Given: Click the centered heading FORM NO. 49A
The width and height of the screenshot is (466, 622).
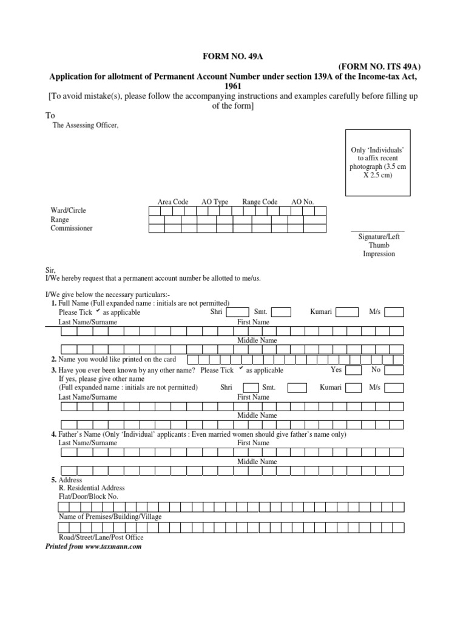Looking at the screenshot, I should [233, 56].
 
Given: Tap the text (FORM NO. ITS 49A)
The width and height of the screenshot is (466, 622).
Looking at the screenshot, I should [379, 67].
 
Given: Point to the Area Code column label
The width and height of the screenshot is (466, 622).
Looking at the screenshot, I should [173, 202].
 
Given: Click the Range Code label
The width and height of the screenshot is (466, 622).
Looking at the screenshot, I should [260, 202].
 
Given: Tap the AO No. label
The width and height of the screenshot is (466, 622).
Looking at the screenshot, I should [302, 202].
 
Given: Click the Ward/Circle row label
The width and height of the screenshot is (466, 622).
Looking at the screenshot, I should [68, 211].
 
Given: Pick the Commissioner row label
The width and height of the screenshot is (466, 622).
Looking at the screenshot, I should [72, 228].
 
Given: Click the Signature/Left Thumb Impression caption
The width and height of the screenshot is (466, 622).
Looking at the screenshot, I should [378, 245].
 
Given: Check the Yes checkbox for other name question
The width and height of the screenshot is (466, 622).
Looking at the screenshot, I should [354, 371].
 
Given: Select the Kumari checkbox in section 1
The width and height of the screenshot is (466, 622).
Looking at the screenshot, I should [347, 312].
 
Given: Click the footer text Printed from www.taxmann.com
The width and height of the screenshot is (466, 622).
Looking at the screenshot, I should [94, 547].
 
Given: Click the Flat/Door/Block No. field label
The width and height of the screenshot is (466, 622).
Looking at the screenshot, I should [89, 496].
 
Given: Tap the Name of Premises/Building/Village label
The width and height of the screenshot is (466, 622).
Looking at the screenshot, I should [110, 516].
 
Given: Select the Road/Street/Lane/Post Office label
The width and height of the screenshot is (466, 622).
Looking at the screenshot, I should [101, 538].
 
